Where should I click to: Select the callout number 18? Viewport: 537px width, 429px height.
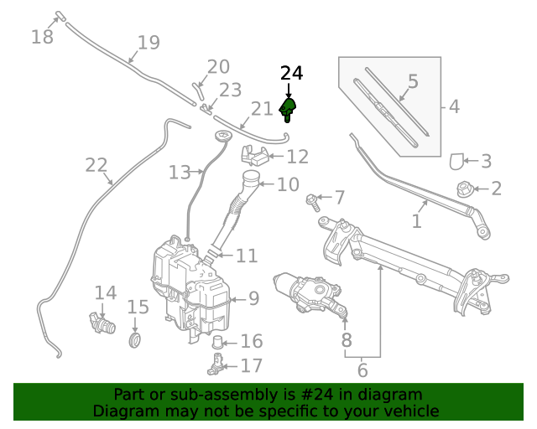pyautogui.click(x=42, y=37)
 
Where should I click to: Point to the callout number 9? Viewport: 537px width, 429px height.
pyautogui.click(x=253, y=297)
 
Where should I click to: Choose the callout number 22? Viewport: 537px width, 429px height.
pyautogui.click(x=96, y=166)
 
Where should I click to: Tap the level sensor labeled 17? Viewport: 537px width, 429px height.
pyautogui.click(x=216, y=364)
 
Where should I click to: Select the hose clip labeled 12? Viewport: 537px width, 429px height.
pyautogui.click(x=254, y=154)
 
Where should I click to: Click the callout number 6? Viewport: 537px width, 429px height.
pyautogui.click(x=362, y=370)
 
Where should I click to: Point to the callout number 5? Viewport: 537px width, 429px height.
pyautogui.click(x=412, y=82)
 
